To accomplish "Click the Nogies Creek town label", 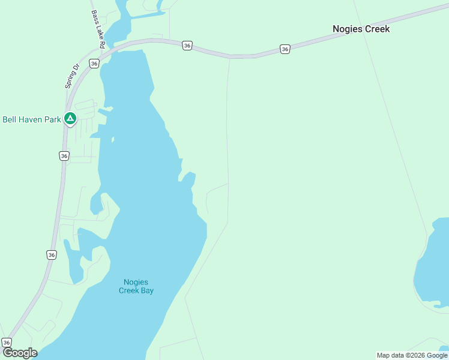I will coord(361,29).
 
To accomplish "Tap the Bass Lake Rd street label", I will coord(98,29).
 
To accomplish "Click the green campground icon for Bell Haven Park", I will coord(70,119).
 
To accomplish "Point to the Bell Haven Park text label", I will coord(32,119).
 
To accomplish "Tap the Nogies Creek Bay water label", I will coord(136,286).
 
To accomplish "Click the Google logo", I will coord(20,353).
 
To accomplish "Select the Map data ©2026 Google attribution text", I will coord(412,355).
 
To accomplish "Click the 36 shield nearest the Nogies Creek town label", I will coord(285,49).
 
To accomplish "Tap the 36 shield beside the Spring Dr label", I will coord(94,63).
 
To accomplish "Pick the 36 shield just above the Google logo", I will coord(7,342).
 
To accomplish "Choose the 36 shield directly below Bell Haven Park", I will coord(64,155).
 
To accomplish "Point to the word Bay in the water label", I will coord(146,290).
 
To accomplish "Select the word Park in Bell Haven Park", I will coord(53,119).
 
